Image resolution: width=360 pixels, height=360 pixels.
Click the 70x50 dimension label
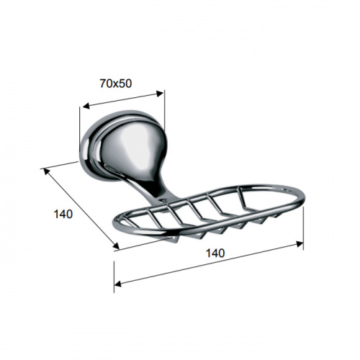pos(116,84)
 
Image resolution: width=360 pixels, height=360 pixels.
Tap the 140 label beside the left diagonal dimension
pos(63,214)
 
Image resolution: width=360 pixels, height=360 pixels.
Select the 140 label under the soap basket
pos(215,253)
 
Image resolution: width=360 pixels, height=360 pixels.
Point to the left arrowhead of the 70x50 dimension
pos(86,106)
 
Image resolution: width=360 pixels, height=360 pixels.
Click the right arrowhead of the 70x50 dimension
pos(159,94)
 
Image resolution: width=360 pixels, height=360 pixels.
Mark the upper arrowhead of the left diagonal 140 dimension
pos(46,171)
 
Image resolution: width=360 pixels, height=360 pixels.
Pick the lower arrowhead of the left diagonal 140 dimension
pos(116,246)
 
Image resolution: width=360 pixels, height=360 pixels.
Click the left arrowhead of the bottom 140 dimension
pos(118,284)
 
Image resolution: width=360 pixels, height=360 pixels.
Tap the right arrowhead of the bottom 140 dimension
pos(300,244)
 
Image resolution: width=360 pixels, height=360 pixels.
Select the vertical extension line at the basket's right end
pos(303,228)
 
